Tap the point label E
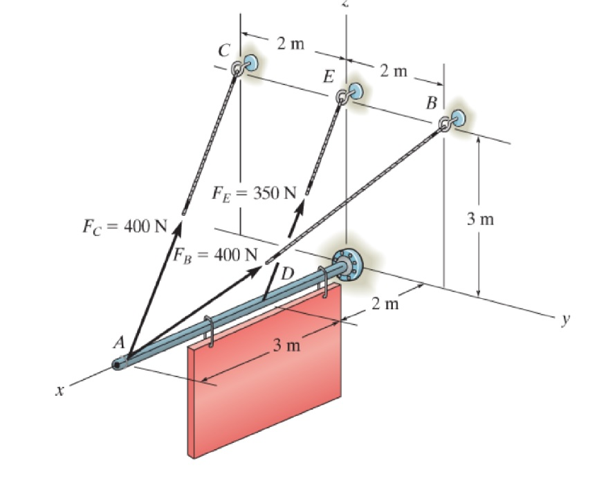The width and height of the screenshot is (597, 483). (x=330, y=77)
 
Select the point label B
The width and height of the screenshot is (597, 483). (x=431, y=104)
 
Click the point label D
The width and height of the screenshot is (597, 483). (x=286, y=272)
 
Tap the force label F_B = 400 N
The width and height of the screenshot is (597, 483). (x=214, y=253)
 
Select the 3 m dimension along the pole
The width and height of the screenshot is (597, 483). (x=285, y=345)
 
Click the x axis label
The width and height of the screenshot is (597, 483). (x=62, y=392)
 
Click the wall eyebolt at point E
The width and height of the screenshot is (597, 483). (x=349, y=93)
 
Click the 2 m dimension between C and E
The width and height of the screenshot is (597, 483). (x=291, y=44)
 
